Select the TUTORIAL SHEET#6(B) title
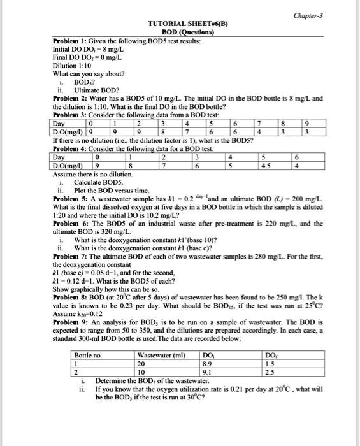pyautogui.click(x=188, y=24)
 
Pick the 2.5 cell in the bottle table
pyautogui.click(x=270, y=371)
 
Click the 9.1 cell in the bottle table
pyautogui.click(x=207, y=371)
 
